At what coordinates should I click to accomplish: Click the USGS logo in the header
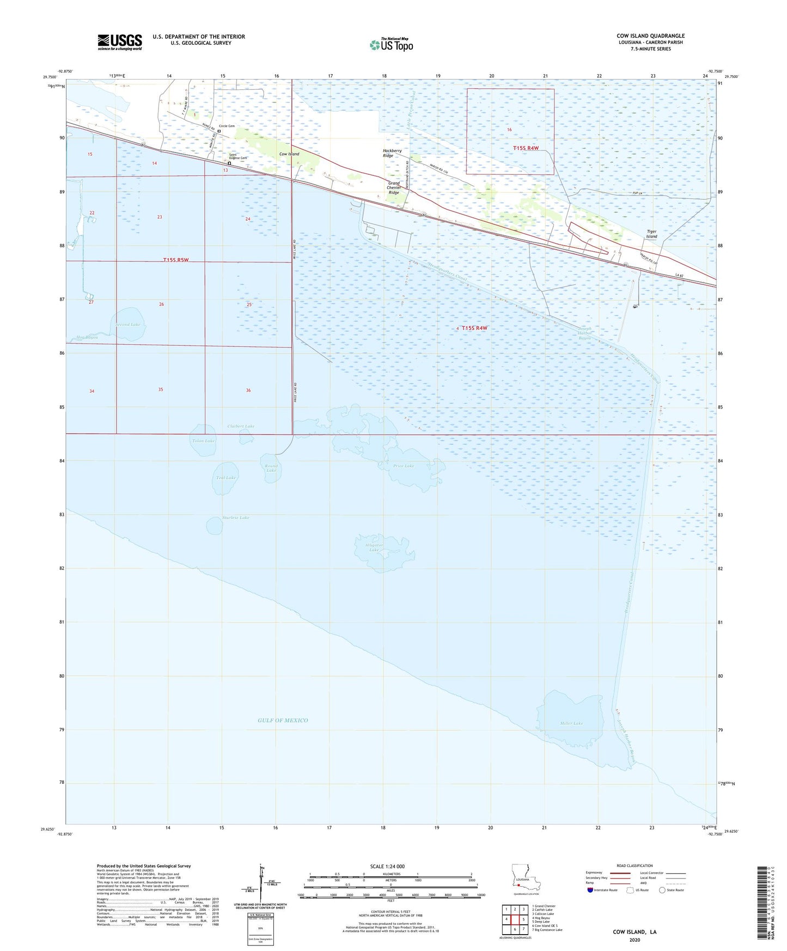click(x=119, y=42)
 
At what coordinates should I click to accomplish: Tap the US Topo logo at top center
click(x=391, y=45)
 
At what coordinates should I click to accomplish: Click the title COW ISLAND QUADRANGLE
click(x=650, y=36)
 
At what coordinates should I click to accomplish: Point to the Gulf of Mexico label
click(x=283, y=720)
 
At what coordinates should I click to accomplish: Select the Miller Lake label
click(x=571, y=723)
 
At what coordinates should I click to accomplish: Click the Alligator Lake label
click(x=374, y=547)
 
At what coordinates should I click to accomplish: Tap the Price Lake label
click(x=404, y=466)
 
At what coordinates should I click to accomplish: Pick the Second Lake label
click(x=127, y=325)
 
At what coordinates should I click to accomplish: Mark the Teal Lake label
click(x=225, y=478)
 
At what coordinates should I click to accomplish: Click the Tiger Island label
click(x=651, y=234)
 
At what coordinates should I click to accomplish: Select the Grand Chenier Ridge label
click(x=394, y=188)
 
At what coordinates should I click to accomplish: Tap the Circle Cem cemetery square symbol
click(x=219, y=131)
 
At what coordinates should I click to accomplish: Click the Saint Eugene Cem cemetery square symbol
click(x=229, y=163)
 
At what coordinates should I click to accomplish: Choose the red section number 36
click(x=248, y=391)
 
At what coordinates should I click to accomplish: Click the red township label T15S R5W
click(x=176, y=260)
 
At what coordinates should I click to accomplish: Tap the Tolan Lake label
click(x=203, y=441)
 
